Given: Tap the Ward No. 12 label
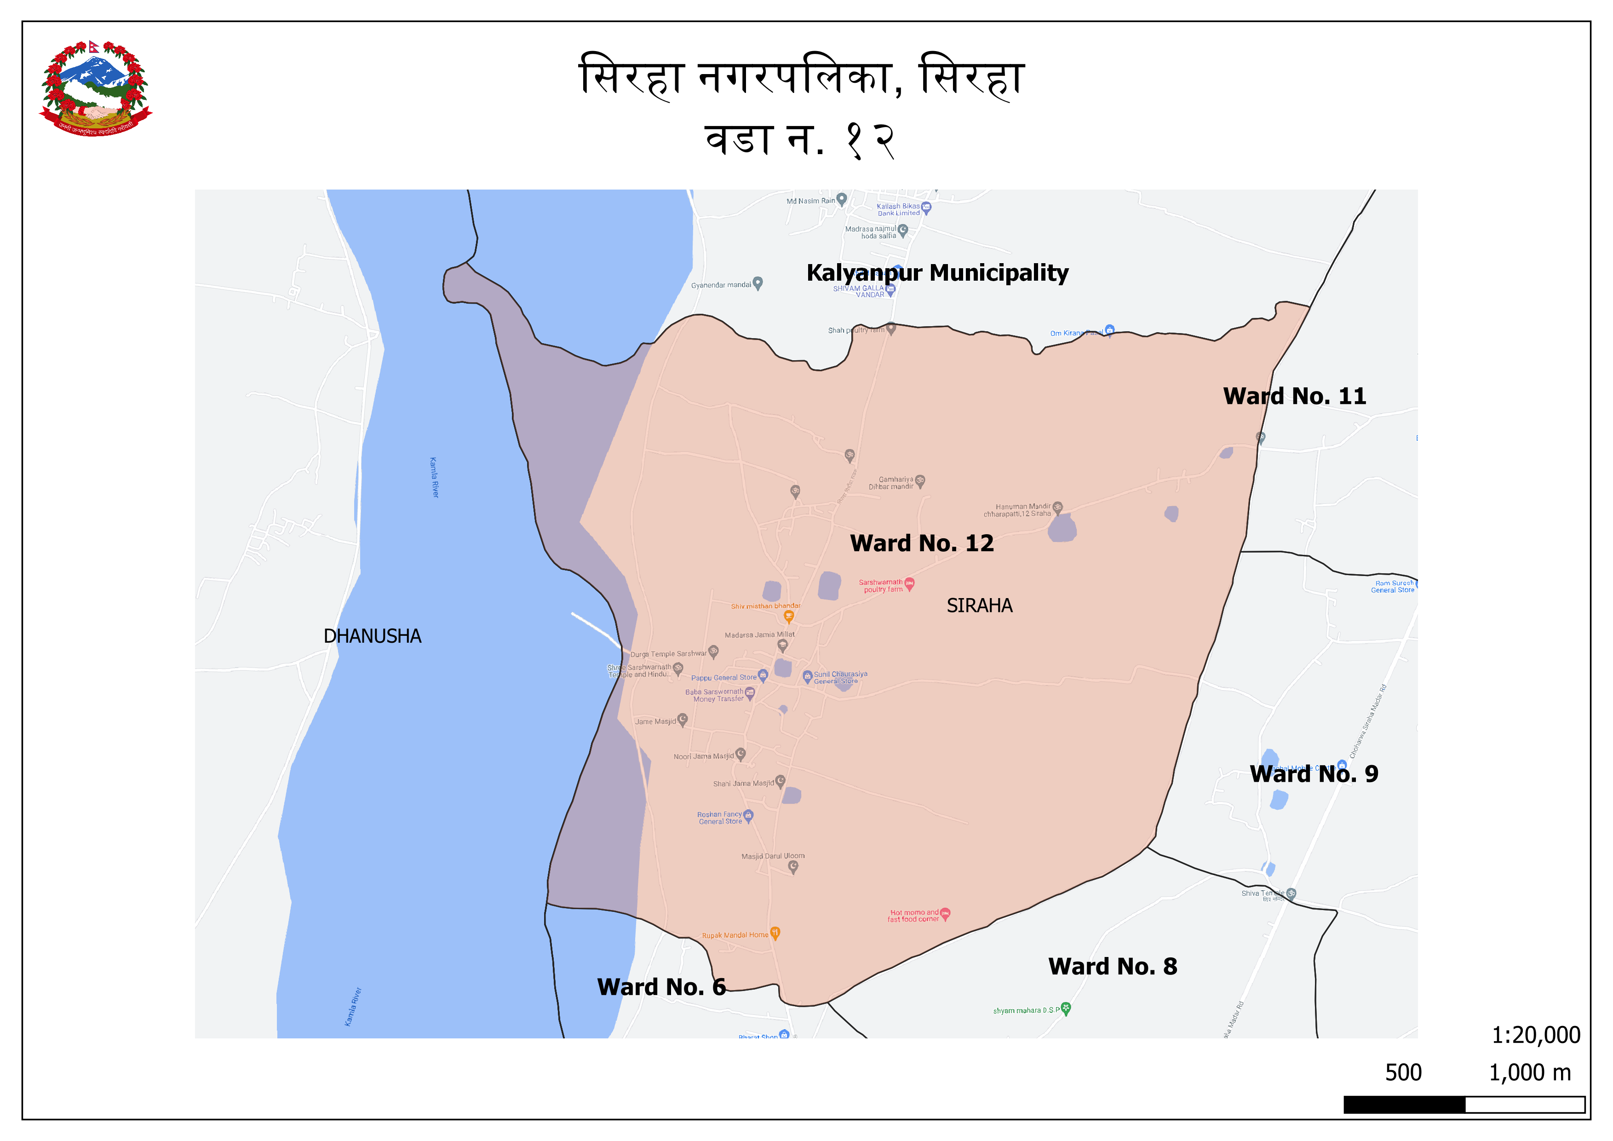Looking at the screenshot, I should [x=922, y=543].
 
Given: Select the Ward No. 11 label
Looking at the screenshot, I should [x=1294, y=396].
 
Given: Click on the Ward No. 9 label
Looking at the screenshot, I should [x=1314, y=773].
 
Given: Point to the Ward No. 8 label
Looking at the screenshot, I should [x=1112, y=966].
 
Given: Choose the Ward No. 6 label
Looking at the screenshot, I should [x=661, y=986].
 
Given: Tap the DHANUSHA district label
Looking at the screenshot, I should [x=373, y=636].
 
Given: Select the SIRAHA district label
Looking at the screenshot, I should [x=979, y=605].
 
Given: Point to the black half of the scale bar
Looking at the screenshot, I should [x=1404, y=1105].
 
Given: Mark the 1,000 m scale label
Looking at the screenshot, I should [x=1529, y=1073].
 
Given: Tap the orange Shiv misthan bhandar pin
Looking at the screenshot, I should [x=789, y=616].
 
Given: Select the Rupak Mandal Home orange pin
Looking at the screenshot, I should [x=775, y=933].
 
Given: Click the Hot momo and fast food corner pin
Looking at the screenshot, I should [x=945, y=913].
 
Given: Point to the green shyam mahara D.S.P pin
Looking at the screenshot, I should [x=1066, y=1008].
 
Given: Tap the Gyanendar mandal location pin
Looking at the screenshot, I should [x=758, y=283].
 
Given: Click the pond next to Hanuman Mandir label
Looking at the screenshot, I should [x=1062, y=528].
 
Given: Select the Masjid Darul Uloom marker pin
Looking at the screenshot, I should [x=793, y=866].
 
